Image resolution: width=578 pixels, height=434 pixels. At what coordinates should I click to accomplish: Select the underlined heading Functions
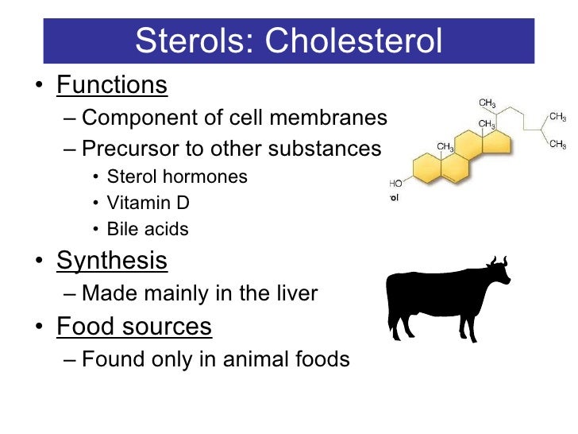(111, 85)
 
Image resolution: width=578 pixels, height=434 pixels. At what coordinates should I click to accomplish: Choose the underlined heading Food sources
(133, 326)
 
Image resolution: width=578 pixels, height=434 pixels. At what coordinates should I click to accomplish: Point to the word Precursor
(130, 149)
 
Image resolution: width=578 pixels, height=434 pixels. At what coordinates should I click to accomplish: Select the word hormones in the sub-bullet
(213, 176)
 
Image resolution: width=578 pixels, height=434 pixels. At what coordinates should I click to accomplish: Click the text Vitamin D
(148, 203)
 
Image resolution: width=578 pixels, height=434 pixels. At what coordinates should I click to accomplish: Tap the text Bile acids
(148, 230)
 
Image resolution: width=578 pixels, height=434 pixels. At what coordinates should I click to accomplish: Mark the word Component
(130, 118)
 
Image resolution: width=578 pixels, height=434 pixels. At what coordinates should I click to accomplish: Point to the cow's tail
(390, 302)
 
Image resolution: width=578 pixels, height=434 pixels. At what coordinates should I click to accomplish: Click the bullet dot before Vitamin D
(96, 203)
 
